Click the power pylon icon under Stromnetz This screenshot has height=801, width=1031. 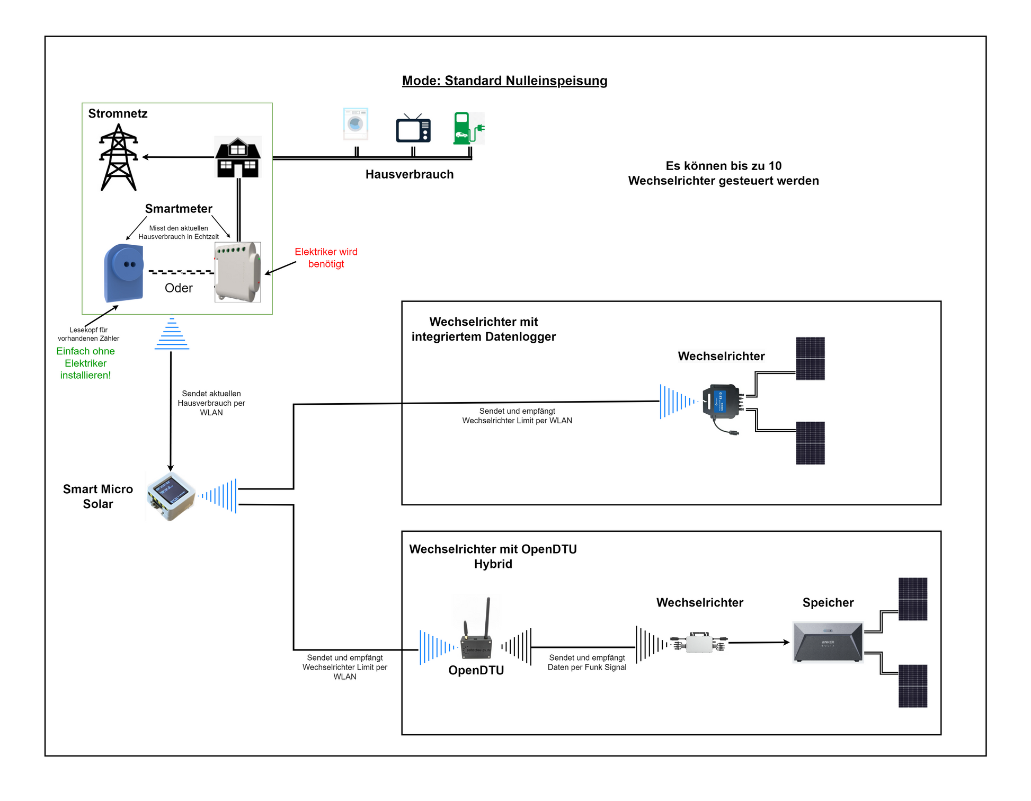(119, 157)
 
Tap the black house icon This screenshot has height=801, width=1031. (238, 157)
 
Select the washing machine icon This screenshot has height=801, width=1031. (355, 124)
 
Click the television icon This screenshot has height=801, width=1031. (413, 129)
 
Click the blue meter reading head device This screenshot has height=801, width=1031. (124, 272)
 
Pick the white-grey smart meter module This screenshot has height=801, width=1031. (237, 272)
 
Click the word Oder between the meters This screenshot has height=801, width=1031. (179, 288)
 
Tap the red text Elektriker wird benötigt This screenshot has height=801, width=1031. (326, 258)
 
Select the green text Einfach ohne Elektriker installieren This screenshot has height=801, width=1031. (85, 363)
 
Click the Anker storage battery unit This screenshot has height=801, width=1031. (828, 642)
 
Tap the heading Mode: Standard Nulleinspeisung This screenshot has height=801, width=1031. (504, 81)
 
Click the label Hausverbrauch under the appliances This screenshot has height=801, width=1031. (409, 174)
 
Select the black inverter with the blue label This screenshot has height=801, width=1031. (721, 402)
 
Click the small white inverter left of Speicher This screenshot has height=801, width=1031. (699, 643)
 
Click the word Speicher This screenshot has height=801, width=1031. (828, 603)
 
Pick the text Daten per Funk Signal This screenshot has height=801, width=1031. (586, 667)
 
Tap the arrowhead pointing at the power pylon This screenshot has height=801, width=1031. (145, 157)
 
